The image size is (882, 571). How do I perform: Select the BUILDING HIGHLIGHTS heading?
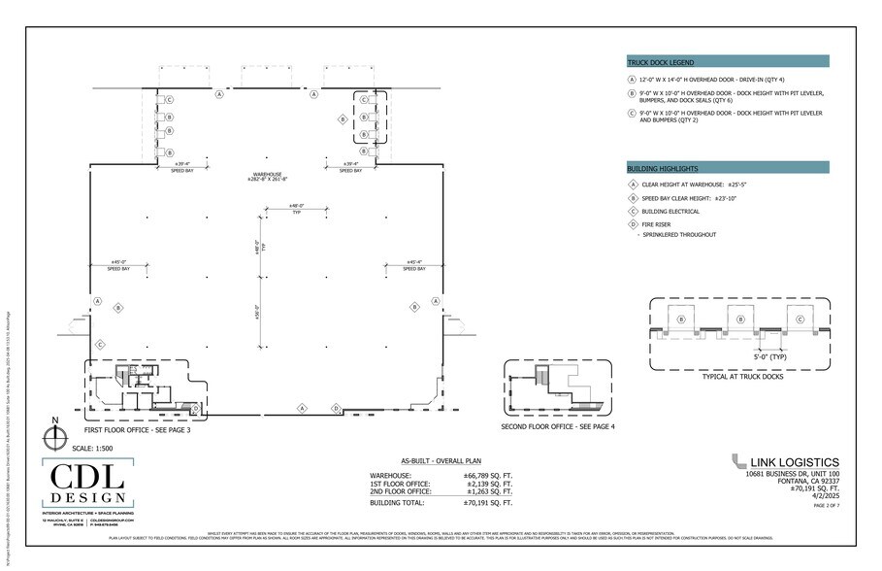click(x=663, y=167)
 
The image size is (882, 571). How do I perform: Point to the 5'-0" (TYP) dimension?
click(x=769, y=356)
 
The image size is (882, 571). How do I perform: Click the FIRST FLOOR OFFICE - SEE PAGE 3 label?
click(x=137, y=429)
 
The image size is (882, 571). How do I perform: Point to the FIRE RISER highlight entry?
click(x=658, y=223)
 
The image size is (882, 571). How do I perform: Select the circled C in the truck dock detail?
click(x=800, y=319)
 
